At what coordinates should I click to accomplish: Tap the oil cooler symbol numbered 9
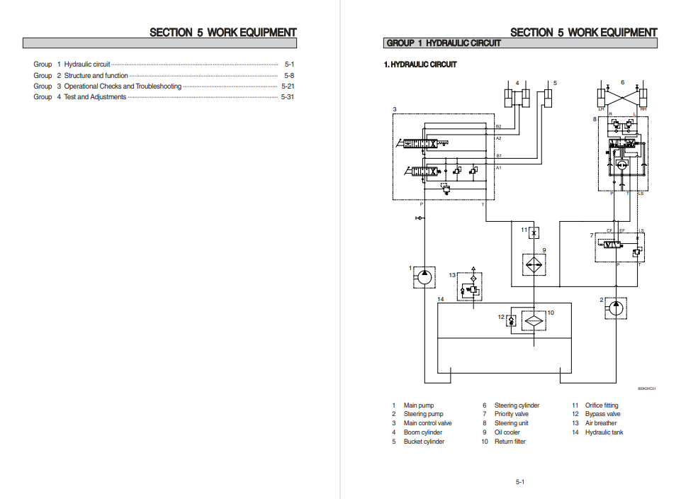pyautogui.click(x=534, y=264)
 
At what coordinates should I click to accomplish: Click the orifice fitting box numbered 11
pyautogui.click(x=534, y=232)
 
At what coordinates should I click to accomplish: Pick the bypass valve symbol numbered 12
pyautogui.click(x=511, y=320)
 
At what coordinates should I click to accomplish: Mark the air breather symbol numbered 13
pyautogui.click(x=469, y=286)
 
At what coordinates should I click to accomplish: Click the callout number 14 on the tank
pyautogui.click(x=440, y=300)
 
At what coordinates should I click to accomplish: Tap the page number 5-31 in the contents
pyautogui.click(x=287, y=97)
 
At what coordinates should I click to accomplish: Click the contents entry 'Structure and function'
pyautogui.click(x=96, y=75)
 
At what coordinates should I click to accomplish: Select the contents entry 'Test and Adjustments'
pyautogui.click(x=95, y=97)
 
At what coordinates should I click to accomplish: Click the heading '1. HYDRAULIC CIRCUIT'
pyautogui.click(x=420, y=65)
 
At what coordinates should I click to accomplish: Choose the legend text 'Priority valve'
pyautogui.click(x=511, y=414)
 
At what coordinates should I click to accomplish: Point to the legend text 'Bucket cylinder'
pyautogui.click(x=424, y=442)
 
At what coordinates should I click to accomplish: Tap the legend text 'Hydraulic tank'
pyautogui.click(x=604, y=432)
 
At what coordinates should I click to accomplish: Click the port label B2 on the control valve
pyautogui.click(x=498, y=126)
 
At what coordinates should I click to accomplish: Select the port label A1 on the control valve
pyautogui.click(x=498, y=168)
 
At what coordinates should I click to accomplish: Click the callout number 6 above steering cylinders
pyautogui.click(x=622, y=82)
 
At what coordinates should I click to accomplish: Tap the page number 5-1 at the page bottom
pyautogui.click(x=519, y=482)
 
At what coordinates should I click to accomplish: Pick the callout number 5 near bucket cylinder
pyautogui.click(x=555, y=84)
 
